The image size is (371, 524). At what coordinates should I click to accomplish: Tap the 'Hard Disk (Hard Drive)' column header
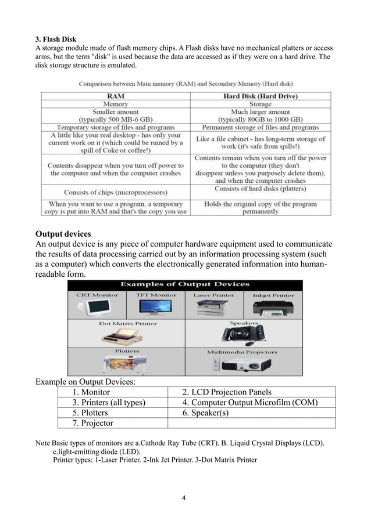pos(261,96)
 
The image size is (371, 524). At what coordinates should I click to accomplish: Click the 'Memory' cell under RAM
pos(115,104)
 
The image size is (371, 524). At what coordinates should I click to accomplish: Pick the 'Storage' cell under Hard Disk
pos(261,104)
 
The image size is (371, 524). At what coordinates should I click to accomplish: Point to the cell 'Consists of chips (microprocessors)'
pos(115,192)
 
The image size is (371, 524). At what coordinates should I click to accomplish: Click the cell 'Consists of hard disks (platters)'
pos(261,189)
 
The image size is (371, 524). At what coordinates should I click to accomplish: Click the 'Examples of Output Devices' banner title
pos(185,284)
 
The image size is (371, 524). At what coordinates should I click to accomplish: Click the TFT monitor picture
pos(156,307)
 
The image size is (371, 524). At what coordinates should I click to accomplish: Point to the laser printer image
pos(214,308)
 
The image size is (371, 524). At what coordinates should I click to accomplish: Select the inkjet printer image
pos(273,307)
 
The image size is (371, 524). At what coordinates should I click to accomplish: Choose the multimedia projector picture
pos(243,364)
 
